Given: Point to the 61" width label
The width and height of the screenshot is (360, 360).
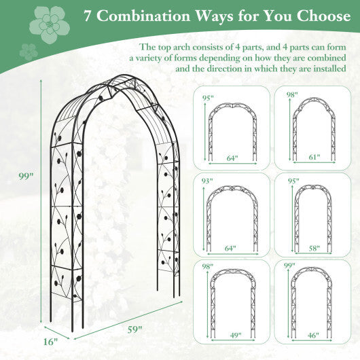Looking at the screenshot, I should (313, 158).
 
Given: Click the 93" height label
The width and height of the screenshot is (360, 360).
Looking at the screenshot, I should (208, 181).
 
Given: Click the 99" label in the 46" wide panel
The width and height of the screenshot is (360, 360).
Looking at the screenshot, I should (289, 266).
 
